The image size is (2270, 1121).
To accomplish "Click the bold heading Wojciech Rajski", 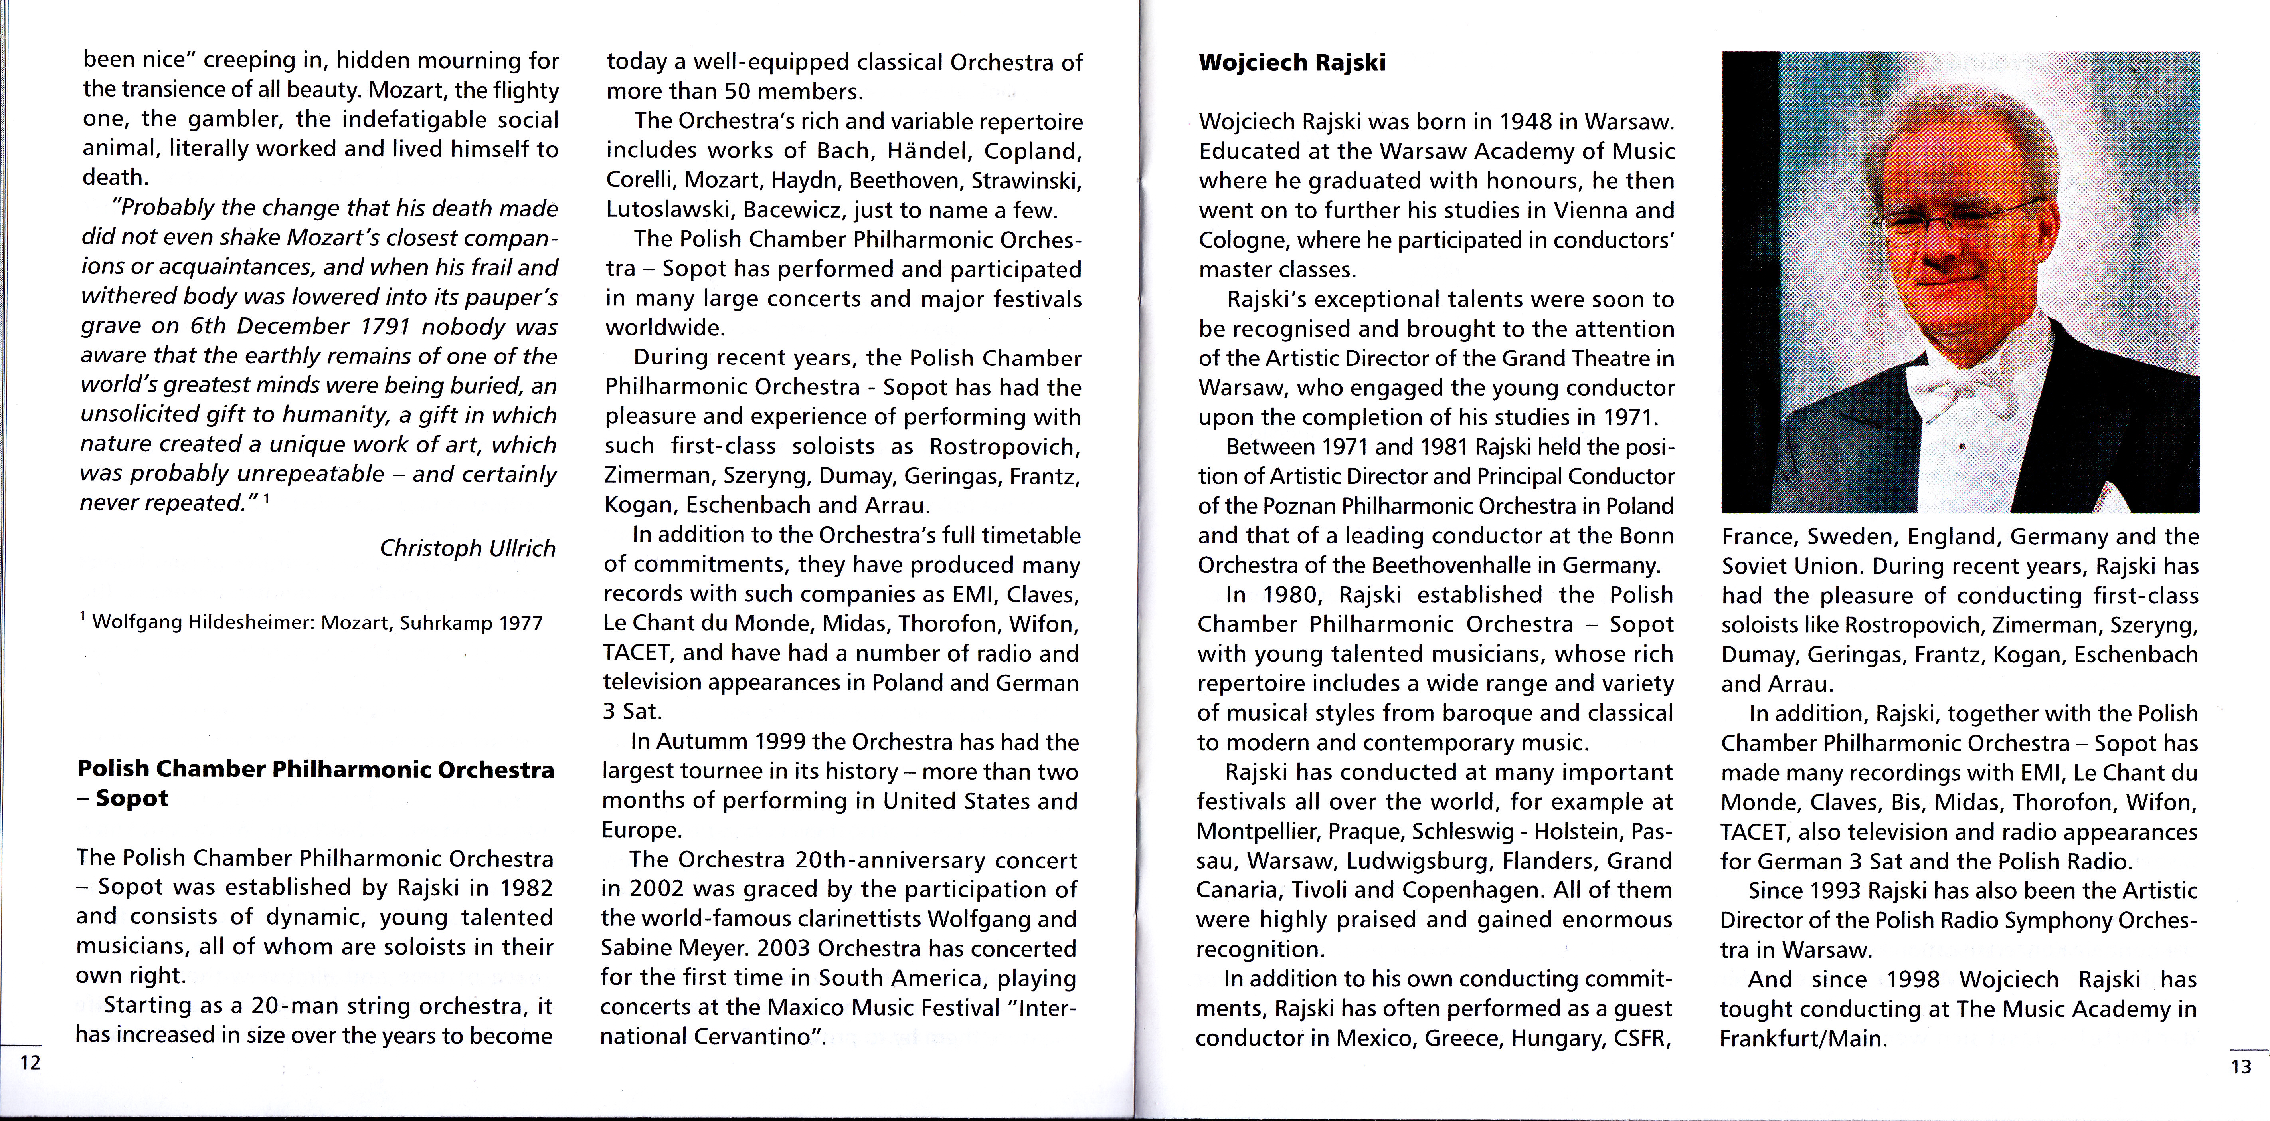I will (x=1292, y=63).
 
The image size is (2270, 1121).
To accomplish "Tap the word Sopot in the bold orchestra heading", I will (x=132, y=798).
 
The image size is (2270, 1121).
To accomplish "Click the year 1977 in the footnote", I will (x=521, y=623).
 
